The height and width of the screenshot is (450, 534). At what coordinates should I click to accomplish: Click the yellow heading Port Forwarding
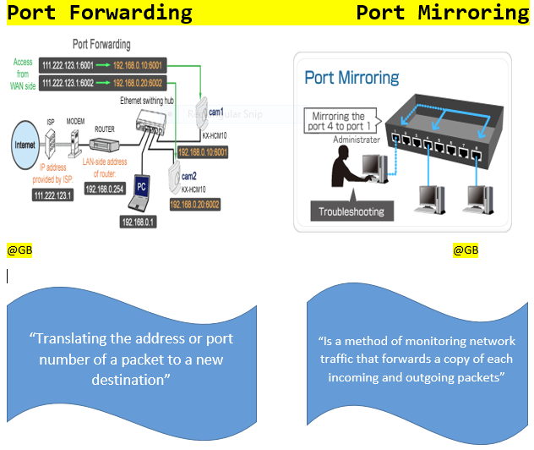(x=100, y=12)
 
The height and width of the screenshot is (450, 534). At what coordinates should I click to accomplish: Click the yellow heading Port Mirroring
(x=442, y=12)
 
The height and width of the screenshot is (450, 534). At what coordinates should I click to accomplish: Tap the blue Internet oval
(x=26, y=145)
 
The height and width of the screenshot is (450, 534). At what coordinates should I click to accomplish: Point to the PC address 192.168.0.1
(x=139, y=222)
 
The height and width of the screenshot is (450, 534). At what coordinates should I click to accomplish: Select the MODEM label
(x=77, y=120)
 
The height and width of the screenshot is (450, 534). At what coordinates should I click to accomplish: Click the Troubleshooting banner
(x=351, y=211)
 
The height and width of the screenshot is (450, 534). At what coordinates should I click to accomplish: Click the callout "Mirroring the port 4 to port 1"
(x=347, y=119)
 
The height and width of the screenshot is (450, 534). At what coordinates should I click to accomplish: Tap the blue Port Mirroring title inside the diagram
(x=352, y=78)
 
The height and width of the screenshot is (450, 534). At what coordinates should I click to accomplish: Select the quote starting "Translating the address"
(x=131, y=359)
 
